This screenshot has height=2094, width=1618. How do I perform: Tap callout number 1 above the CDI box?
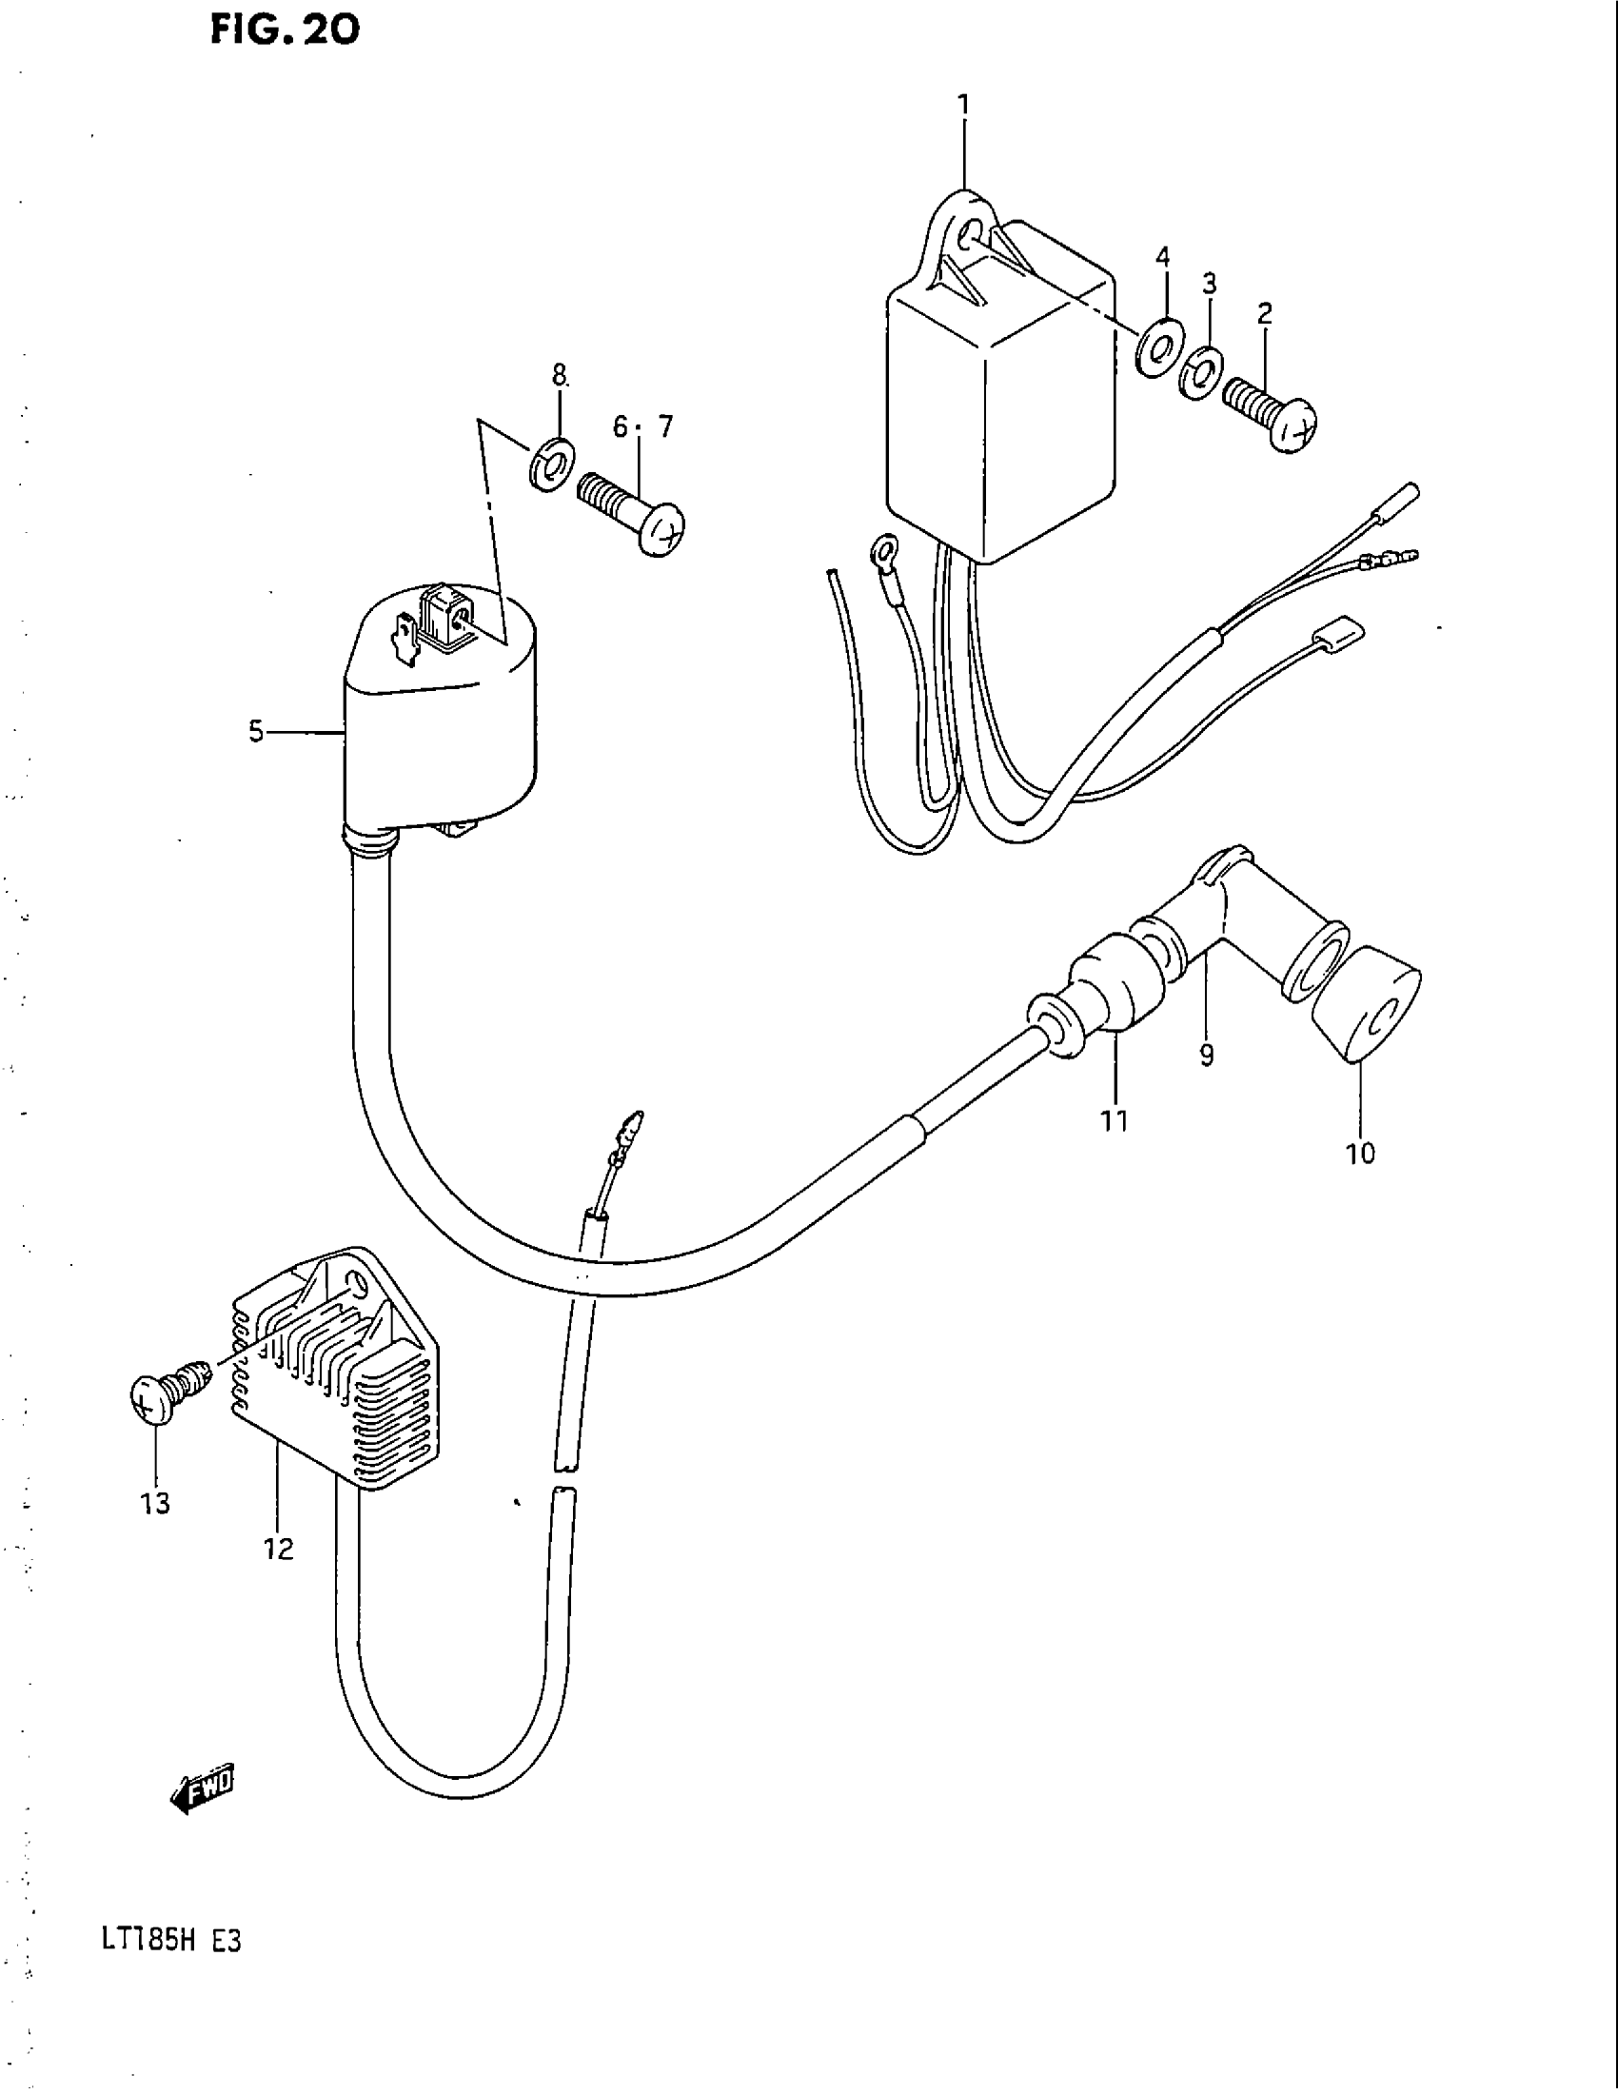tap(963, 105)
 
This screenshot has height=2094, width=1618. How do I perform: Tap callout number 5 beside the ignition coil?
tap(256, 733)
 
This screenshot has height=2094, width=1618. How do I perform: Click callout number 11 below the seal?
tap(1114, 1120)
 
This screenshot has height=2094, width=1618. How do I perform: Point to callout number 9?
tap(1206, 1056)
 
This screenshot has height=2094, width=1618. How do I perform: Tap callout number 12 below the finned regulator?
tap(279, 1549)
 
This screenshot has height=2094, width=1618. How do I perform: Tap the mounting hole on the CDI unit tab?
tap(968, 233)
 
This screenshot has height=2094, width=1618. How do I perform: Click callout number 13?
tap(155, 1503)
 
